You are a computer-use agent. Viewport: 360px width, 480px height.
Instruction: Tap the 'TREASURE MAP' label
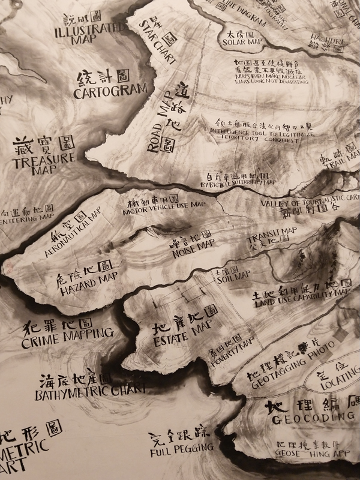(x=46, y=163)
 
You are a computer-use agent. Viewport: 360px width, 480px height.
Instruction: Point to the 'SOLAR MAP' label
(x=243, y=43)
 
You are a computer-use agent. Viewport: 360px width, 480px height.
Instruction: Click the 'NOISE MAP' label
(x=193, y=244)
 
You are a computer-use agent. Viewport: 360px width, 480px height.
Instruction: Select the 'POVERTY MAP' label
(x=232, y=347)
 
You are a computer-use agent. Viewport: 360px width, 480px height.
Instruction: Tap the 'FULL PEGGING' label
(x=182, y=448)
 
